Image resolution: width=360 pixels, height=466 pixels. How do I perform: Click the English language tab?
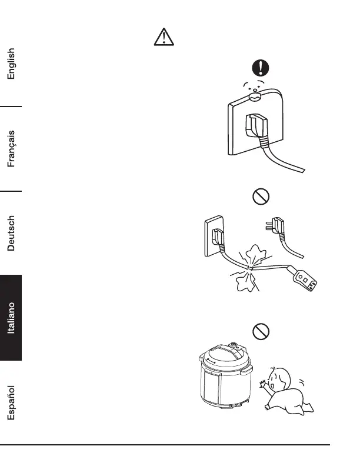(11, 63)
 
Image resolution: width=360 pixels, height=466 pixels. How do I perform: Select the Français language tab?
(11, 149)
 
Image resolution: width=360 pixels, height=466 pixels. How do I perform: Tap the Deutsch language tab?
(11, 233)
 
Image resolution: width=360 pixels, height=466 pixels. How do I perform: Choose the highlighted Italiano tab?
(11, 318)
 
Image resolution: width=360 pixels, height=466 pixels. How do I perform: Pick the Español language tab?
(11, 403)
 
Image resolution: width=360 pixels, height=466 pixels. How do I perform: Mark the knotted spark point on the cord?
(249, 268)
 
